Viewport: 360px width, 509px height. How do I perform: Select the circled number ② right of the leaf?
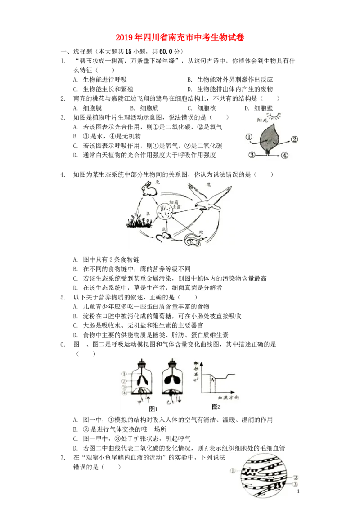tap(294, 139)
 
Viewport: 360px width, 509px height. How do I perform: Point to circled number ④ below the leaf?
tap(284, 156)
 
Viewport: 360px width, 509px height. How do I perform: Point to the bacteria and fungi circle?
tap(165, 211)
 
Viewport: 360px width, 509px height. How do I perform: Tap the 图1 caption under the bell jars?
tap(153, 409)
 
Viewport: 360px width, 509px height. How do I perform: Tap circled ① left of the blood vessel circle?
tap(233, 471)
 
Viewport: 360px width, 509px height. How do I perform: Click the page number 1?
tap(298, 492)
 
